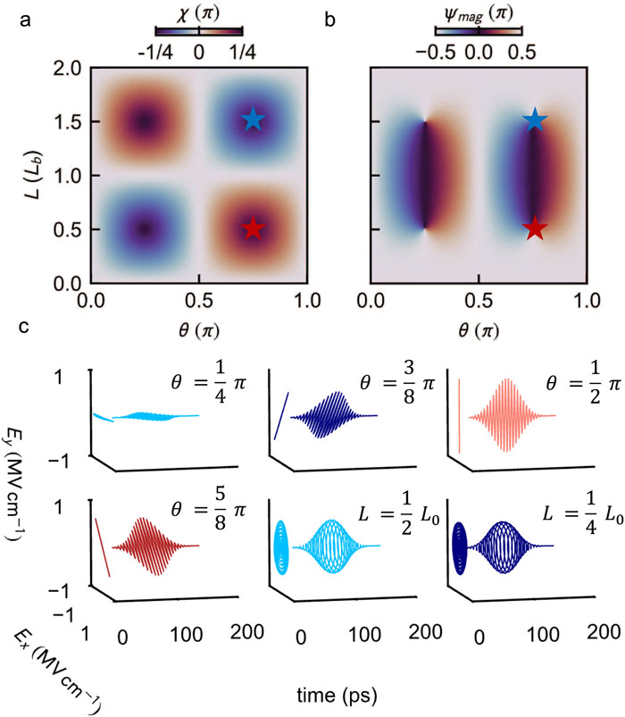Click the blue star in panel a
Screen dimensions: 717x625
(x=254, y=119)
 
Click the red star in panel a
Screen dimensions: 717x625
(x=254, y=229)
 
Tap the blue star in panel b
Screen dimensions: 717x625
(x=535, y=119)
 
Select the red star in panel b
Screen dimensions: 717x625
(x=535, y=229)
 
